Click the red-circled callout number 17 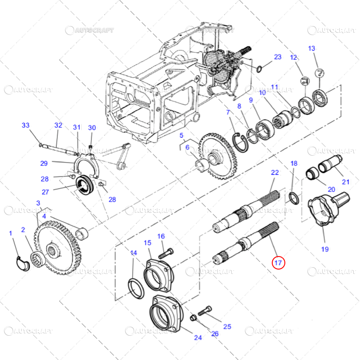point(278,262)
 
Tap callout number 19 point(324,248)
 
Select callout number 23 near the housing point(278,57)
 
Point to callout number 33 point(25,125)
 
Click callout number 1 point(10,233)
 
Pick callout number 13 point(311,49)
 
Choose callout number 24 point(198,337)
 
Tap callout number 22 point(274,172)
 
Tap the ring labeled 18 point(293,198)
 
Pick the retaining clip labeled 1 point(22,262)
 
